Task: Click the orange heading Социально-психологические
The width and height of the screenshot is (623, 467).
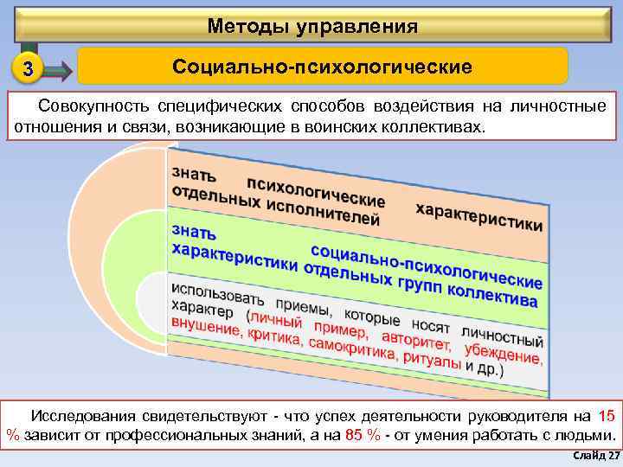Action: point(322,67)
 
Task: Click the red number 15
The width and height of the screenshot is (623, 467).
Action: point(607,416)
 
